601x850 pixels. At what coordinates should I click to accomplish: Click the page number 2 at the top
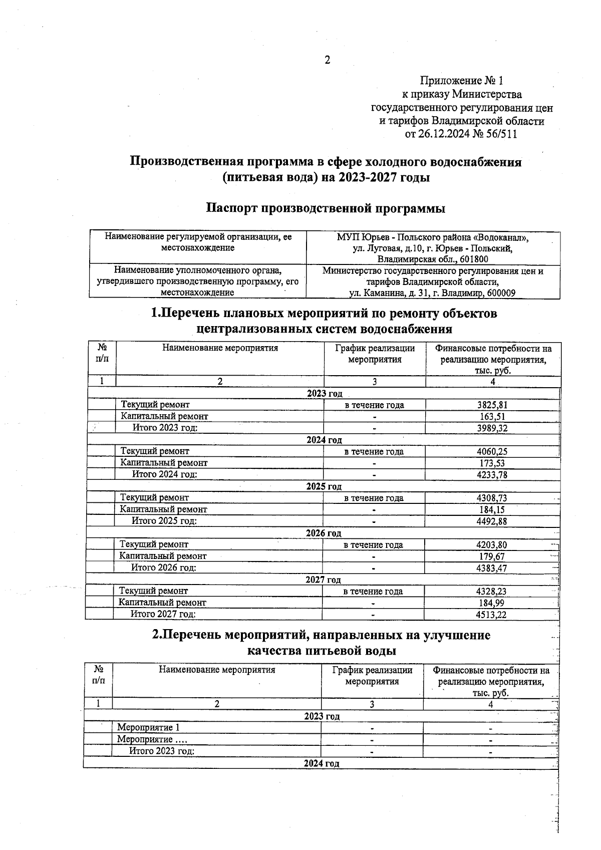pos(328,61)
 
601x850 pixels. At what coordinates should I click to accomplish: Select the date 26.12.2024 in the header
pos(442,134)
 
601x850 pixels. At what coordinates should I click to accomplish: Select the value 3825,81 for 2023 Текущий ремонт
pos(492,405)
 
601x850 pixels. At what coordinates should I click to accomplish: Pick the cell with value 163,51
pos(492,417)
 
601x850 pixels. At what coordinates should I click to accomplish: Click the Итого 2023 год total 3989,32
pos(492,428)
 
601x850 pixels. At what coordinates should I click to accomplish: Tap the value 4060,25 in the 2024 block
pos(492,451)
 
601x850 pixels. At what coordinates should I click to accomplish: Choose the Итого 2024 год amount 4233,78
pos(492,474)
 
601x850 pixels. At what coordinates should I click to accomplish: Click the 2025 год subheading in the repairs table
pos(324,486)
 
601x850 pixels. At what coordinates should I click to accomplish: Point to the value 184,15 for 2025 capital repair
pos(492,509)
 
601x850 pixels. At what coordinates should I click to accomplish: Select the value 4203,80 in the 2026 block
pos(491,544)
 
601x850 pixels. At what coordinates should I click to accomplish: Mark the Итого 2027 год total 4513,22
pos(491,614)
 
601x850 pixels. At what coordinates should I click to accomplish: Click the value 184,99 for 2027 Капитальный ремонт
pos(491,603)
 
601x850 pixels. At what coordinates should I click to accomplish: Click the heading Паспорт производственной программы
pos(326,208)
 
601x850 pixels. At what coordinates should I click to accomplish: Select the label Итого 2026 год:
pos(163,568)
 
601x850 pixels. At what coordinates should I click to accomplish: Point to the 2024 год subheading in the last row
pos(321,763)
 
